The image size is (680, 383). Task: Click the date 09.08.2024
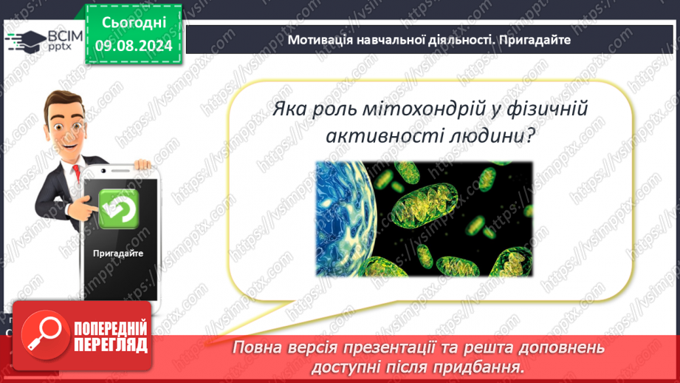point(134,46)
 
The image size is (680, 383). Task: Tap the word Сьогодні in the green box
point(134,23)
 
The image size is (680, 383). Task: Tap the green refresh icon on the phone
point(118,209)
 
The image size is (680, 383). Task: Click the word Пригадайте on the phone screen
point(118,253)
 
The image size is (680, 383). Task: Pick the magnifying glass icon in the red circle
point(44,335)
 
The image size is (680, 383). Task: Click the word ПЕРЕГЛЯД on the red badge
point(111,345)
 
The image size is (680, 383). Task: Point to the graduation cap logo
point(27,41)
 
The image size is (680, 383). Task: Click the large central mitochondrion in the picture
point(425,205)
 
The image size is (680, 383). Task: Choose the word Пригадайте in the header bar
point(535,40)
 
